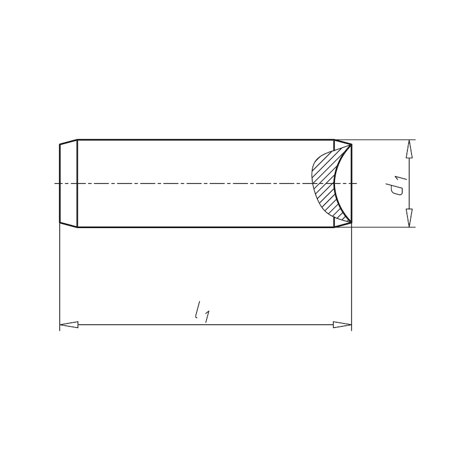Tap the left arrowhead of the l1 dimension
[69, 324]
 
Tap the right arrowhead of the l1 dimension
[342, 324]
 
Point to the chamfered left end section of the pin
[69, 183]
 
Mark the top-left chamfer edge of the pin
[69, 142]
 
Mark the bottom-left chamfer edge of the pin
[69, 225]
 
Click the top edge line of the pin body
[206, 140]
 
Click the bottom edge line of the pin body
[206, 227]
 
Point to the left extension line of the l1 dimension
[61, 276]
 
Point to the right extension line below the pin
[351, 276]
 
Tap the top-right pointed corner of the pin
[351, 145]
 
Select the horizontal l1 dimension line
[147, 324]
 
